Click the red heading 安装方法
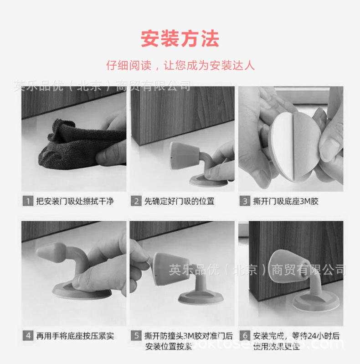180,39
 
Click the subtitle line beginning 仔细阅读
180,65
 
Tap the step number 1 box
28,201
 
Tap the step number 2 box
136,201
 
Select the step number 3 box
244,201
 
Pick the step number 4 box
28,336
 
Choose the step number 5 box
136,336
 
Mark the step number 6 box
244,336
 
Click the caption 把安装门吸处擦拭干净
75,201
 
